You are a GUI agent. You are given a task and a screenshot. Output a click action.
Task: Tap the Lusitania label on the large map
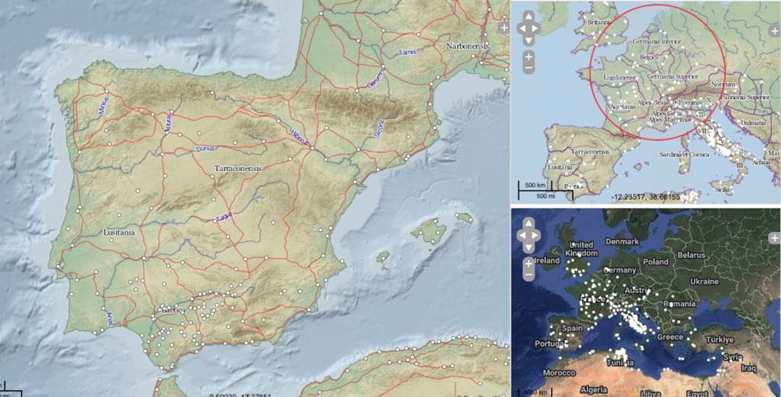(x=118, y=231)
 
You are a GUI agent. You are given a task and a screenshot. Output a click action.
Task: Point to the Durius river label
(x=207, y=149)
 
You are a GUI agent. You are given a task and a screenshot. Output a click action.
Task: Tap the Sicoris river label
(x=379, y=127)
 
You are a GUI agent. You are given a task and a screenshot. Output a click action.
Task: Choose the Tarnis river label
(x=409, y=52)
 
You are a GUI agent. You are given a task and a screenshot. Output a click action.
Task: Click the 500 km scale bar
(x=533, y=185)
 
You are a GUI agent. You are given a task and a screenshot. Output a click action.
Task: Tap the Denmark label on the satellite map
(x=622, y=241)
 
